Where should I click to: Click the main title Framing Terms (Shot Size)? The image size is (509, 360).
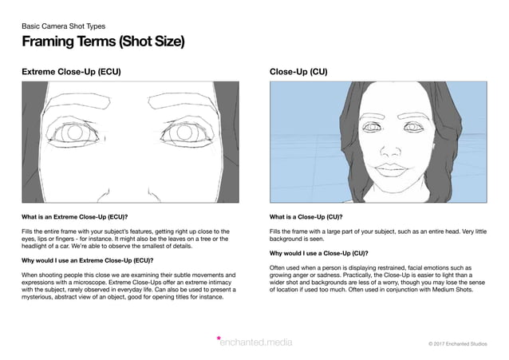(103, 42)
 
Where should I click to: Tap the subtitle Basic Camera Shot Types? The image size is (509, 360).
(63, 26)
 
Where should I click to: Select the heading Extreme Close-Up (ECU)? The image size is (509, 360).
(71, 72)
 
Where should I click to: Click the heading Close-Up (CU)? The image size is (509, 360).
(298, 72)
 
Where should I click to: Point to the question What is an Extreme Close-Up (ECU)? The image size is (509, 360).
(75, 216)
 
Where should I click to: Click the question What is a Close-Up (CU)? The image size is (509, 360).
(306, 216)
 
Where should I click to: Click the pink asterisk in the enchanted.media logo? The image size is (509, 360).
(219, 339)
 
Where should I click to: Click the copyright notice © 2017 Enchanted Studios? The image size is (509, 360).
(462, 343)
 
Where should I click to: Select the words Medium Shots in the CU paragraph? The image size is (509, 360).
(456, 290)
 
